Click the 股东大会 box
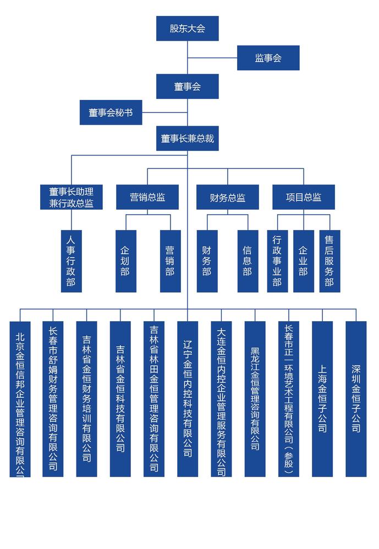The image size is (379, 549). click(x=188, y=29)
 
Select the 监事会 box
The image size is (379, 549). click(x=268, y=58)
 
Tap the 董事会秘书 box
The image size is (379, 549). click(x=111, y=113)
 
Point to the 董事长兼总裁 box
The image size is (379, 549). click(x=188, y=138)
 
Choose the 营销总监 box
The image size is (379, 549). click(x=147, y=197)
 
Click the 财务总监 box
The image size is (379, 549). click(x=227, y=197)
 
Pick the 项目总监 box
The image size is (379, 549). click(x=304, y=197)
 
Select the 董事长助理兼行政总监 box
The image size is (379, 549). click(x=72, y=197)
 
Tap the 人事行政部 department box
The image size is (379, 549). click(x=72, y=261)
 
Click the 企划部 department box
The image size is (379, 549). click(x=126, y=261)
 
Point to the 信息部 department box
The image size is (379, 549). click(x=248, y=261)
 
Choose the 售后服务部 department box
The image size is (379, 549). click(x=329, y=261)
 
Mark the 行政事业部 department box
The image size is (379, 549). click(x=278, y=261)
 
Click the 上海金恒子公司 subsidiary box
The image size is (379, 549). click(x=322, y=399)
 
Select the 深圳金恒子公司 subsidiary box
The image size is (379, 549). click(x=356, y=399)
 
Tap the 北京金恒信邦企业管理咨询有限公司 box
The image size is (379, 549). click(x=20, y=399)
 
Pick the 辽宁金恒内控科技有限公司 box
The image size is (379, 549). click(x=188, y=399)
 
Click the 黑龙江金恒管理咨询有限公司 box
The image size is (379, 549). click(x=255, y=399)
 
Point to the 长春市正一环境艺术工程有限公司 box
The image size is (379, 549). click(x=288, y=399)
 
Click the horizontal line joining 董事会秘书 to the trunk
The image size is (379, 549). click(x=164, y=113)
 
